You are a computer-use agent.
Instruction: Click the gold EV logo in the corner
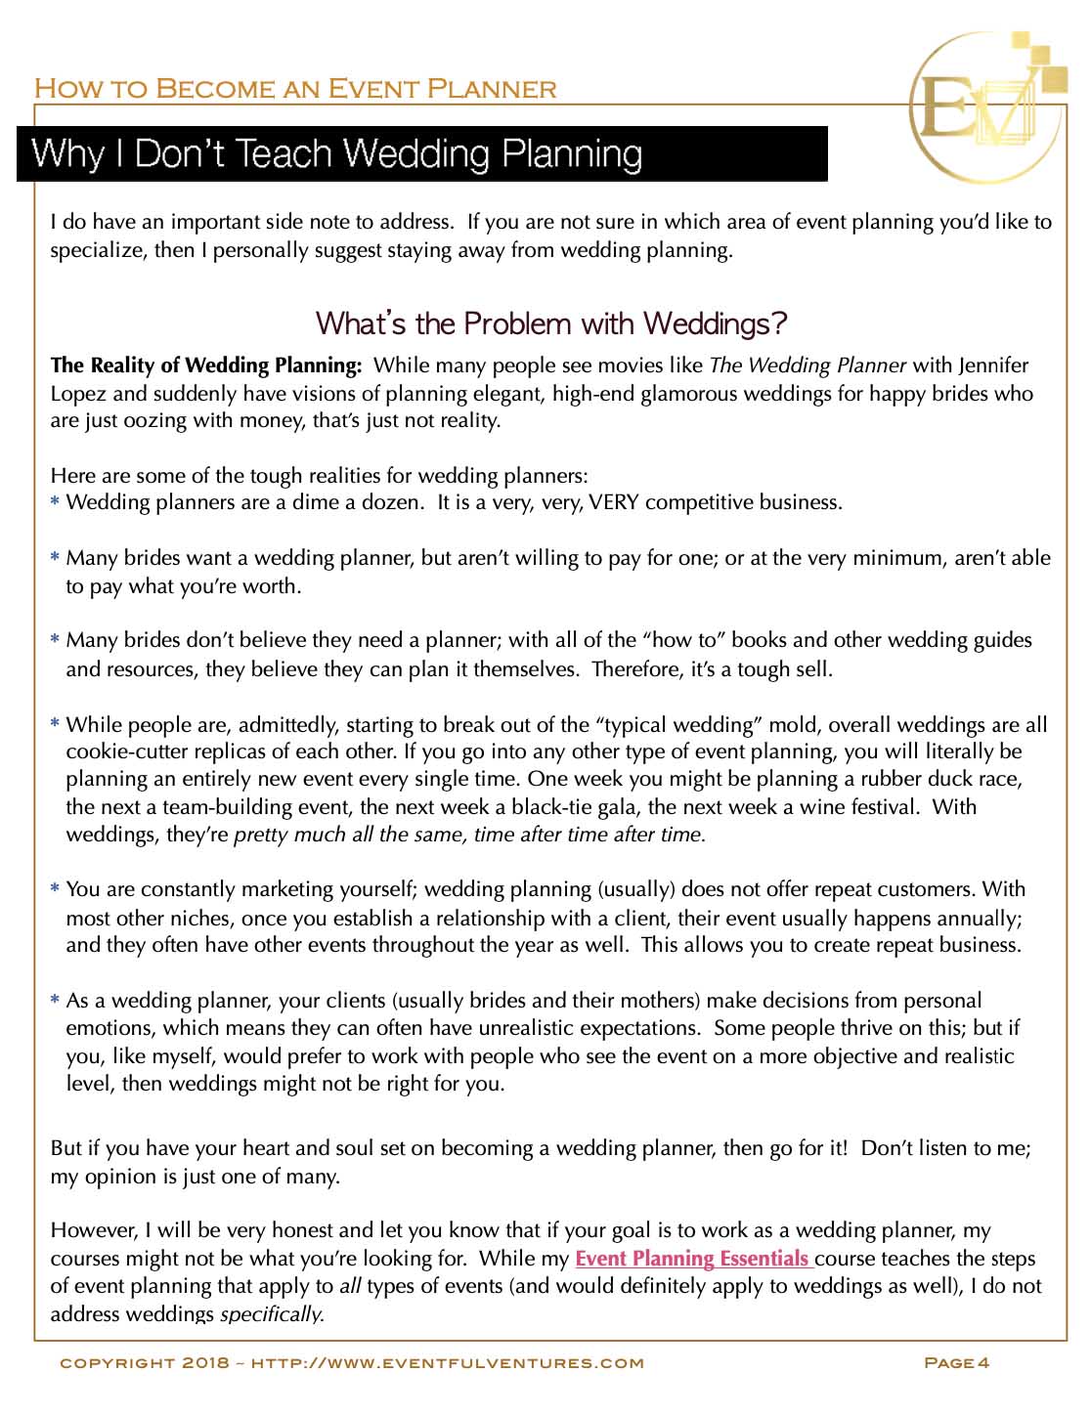point(985,107)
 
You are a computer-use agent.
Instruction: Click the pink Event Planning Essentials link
point(693,1259)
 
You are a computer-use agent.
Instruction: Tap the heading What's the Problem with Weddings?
point(552,322)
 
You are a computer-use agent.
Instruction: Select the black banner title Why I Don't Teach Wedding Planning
point(337,154)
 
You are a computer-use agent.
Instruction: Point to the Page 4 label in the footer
point(957,1362)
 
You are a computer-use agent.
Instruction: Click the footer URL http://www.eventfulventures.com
point(448,1362)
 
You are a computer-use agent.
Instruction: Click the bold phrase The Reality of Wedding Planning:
point(206,365)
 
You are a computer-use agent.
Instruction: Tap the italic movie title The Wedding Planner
point(807,365)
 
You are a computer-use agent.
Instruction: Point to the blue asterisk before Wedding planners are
point(56,503)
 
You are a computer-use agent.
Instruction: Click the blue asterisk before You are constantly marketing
point(56,890)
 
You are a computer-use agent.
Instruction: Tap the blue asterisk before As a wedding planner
point(56,1002)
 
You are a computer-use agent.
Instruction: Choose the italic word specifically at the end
point(272,1314)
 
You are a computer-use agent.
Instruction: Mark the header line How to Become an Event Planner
point(295,89)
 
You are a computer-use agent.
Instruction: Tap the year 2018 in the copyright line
point(205,1362)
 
